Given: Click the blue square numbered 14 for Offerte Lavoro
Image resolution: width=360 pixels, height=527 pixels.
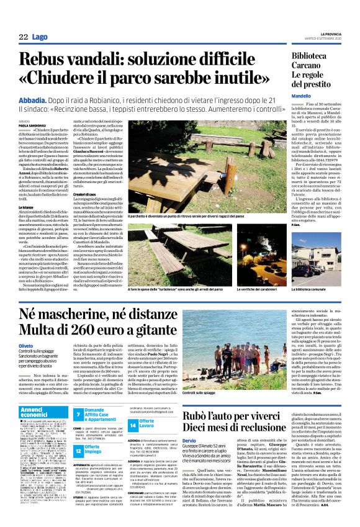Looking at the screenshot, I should tap(133, 407).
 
